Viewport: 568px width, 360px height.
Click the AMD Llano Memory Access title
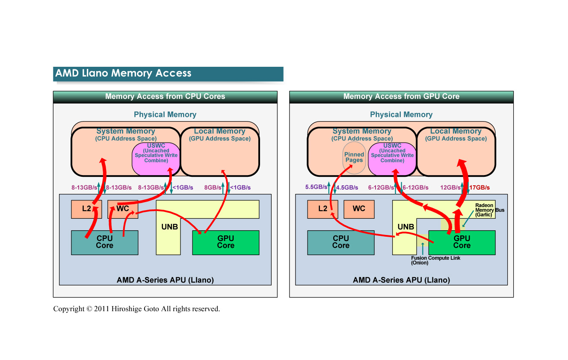tap(123, 73)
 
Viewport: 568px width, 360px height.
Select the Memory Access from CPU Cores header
tap(165, 97)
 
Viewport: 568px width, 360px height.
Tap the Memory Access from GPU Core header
tap(401, 97)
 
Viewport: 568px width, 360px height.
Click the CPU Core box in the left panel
tap(104, 242)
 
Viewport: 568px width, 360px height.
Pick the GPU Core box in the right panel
tap(462, 242)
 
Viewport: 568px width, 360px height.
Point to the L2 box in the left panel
tap(86, 209)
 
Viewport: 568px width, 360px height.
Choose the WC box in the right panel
tap(359, 209)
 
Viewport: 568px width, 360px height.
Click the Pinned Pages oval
tap(354, 158)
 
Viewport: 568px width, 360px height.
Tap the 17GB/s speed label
tap(479, 187)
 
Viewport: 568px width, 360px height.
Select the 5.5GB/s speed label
tap(316, 187)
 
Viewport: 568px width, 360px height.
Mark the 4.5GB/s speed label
tap(346, 187)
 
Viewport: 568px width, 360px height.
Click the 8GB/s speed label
tap(213, 187)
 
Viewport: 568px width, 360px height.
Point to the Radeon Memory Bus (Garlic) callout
tap(489, 210)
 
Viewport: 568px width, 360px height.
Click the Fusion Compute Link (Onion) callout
tap(435, 260)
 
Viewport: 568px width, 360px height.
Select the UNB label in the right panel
tap(405, 227)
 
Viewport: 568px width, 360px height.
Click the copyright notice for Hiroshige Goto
tap(136, 309)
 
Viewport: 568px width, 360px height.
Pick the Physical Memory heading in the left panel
tap(165, 115)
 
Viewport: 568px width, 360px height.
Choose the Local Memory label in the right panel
tap(456, 131)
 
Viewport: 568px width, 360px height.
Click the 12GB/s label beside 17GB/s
tap(450, 187)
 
